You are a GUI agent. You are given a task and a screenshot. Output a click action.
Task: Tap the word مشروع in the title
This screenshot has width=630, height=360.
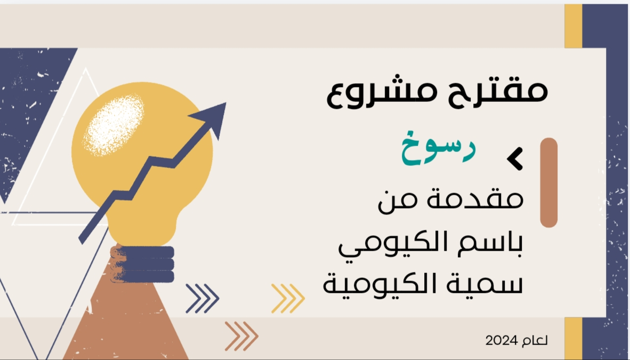381,92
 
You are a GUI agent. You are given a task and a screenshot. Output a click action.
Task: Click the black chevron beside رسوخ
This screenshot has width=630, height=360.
515,158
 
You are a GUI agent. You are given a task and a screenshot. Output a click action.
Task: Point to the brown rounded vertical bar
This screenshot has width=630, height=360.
549,182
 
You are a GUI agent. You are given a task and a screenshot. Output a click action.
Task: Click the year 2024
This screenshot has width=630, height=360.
501,341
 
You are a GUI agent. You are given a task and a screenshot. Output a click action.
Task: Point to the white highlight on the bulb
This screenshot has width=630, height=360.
114,125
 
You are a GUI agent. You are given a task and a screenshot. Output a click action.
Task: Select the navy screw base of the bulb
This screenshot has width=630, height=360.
143,264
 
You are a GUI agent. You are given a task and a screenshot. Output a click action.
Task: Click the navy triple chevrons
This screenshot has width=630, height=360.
202,299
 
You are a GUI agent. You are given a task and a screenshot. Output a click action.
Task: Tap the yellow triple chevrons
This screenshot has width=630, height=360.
288,299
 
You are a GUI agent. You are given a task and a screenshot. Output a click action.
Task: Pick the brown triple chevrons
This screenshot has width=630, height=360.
241,336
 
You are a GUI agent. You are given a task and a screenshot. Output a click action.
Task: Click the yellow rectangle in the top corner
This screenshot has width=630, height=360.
574,26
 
